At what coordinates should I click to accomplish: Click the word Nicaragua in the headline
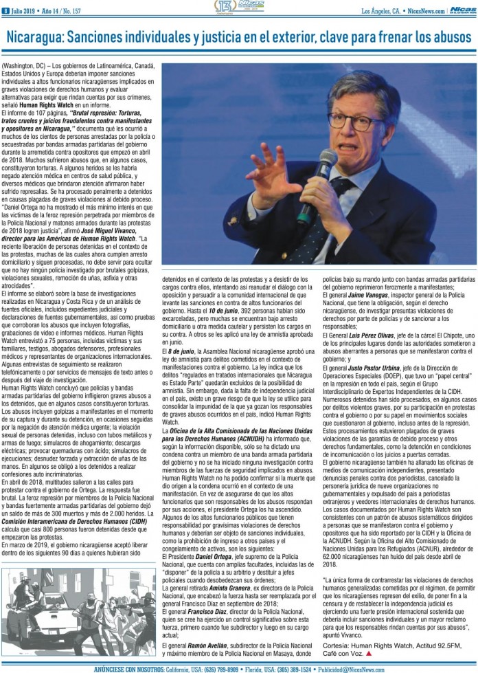43,36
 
